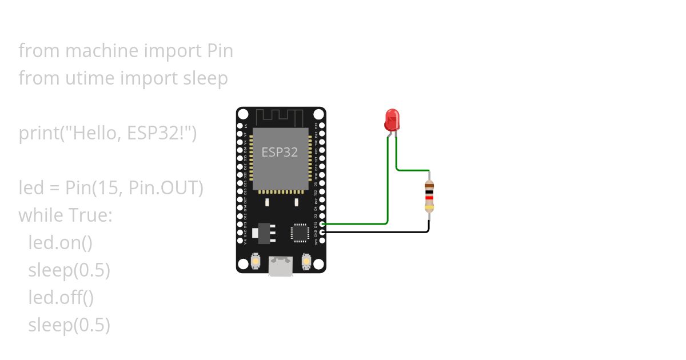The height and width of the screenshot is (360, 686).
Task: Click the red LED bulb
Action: [392, 119]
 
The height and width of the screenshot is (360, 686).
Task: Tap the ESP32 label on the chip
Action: [280, 153]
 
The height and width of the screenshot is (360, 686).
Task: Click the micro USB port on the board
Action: [281, 266]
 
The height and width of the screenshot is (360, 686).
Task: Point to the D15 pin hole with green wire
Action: [323, 224]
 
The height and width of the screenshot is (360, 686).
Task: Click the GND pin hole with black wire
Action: [323, 232]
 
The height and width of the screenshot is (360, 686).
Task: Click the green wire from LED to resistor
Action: [412, 170]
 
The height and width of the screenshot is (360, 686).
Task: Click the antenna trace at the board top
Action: [281, 117]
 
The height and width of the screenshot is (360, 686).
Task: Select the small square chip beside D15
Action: [300, 232]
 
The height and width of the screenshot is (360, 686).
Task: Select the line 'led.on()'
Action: [60, 243]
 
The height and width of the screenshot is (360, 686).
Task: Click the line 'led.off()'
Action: [61, 298]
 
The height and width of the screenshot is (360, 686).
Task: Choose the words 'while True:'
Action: [66, 215]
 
